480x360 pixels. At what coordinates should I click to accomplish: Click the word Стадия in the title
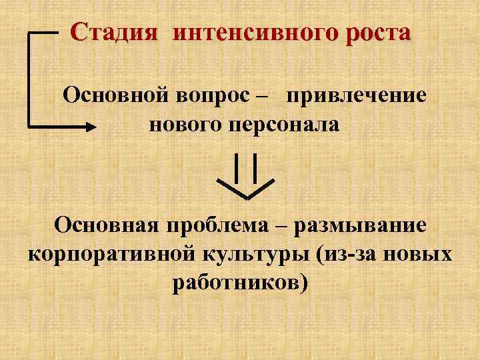(115, 31)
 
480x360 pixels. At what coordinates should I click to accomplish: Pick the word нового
(183, 125)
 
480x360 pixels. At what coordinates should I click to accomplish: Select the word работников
(237, 283)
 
